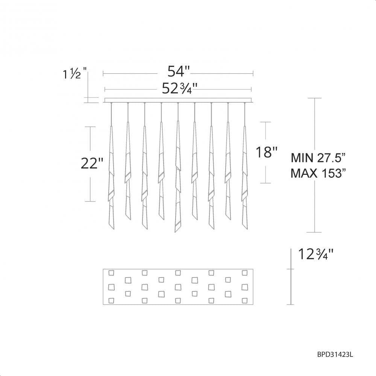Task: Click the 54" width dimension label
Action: tap(178, 71)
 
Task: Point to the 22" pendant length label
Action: tap(92, 164)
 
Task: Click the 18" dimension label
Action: tap(267, 152)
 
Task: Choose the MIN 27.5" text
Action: tap(318, 158)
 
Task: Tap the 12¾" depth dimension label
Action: tap(315, 254)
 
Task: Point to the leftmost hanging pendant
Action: tap(111, 177)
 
